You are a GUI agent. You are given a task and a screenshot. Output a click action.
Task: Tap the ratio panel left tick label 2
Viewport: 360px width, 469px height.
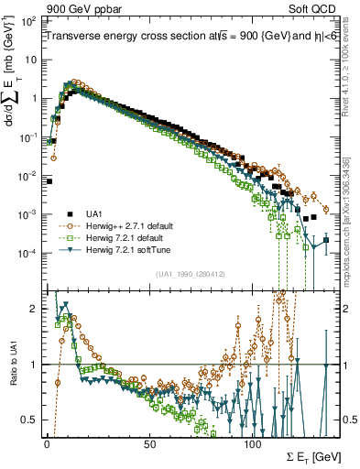pos(36,309)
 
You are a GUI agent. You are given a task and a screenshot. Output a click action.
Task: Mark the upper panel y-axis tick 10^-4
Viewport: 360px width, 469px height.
pos(29,253)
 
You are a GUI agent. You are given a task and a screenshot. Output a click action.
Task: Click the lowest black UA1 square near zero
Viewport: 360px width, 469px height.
pos(49,181)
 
